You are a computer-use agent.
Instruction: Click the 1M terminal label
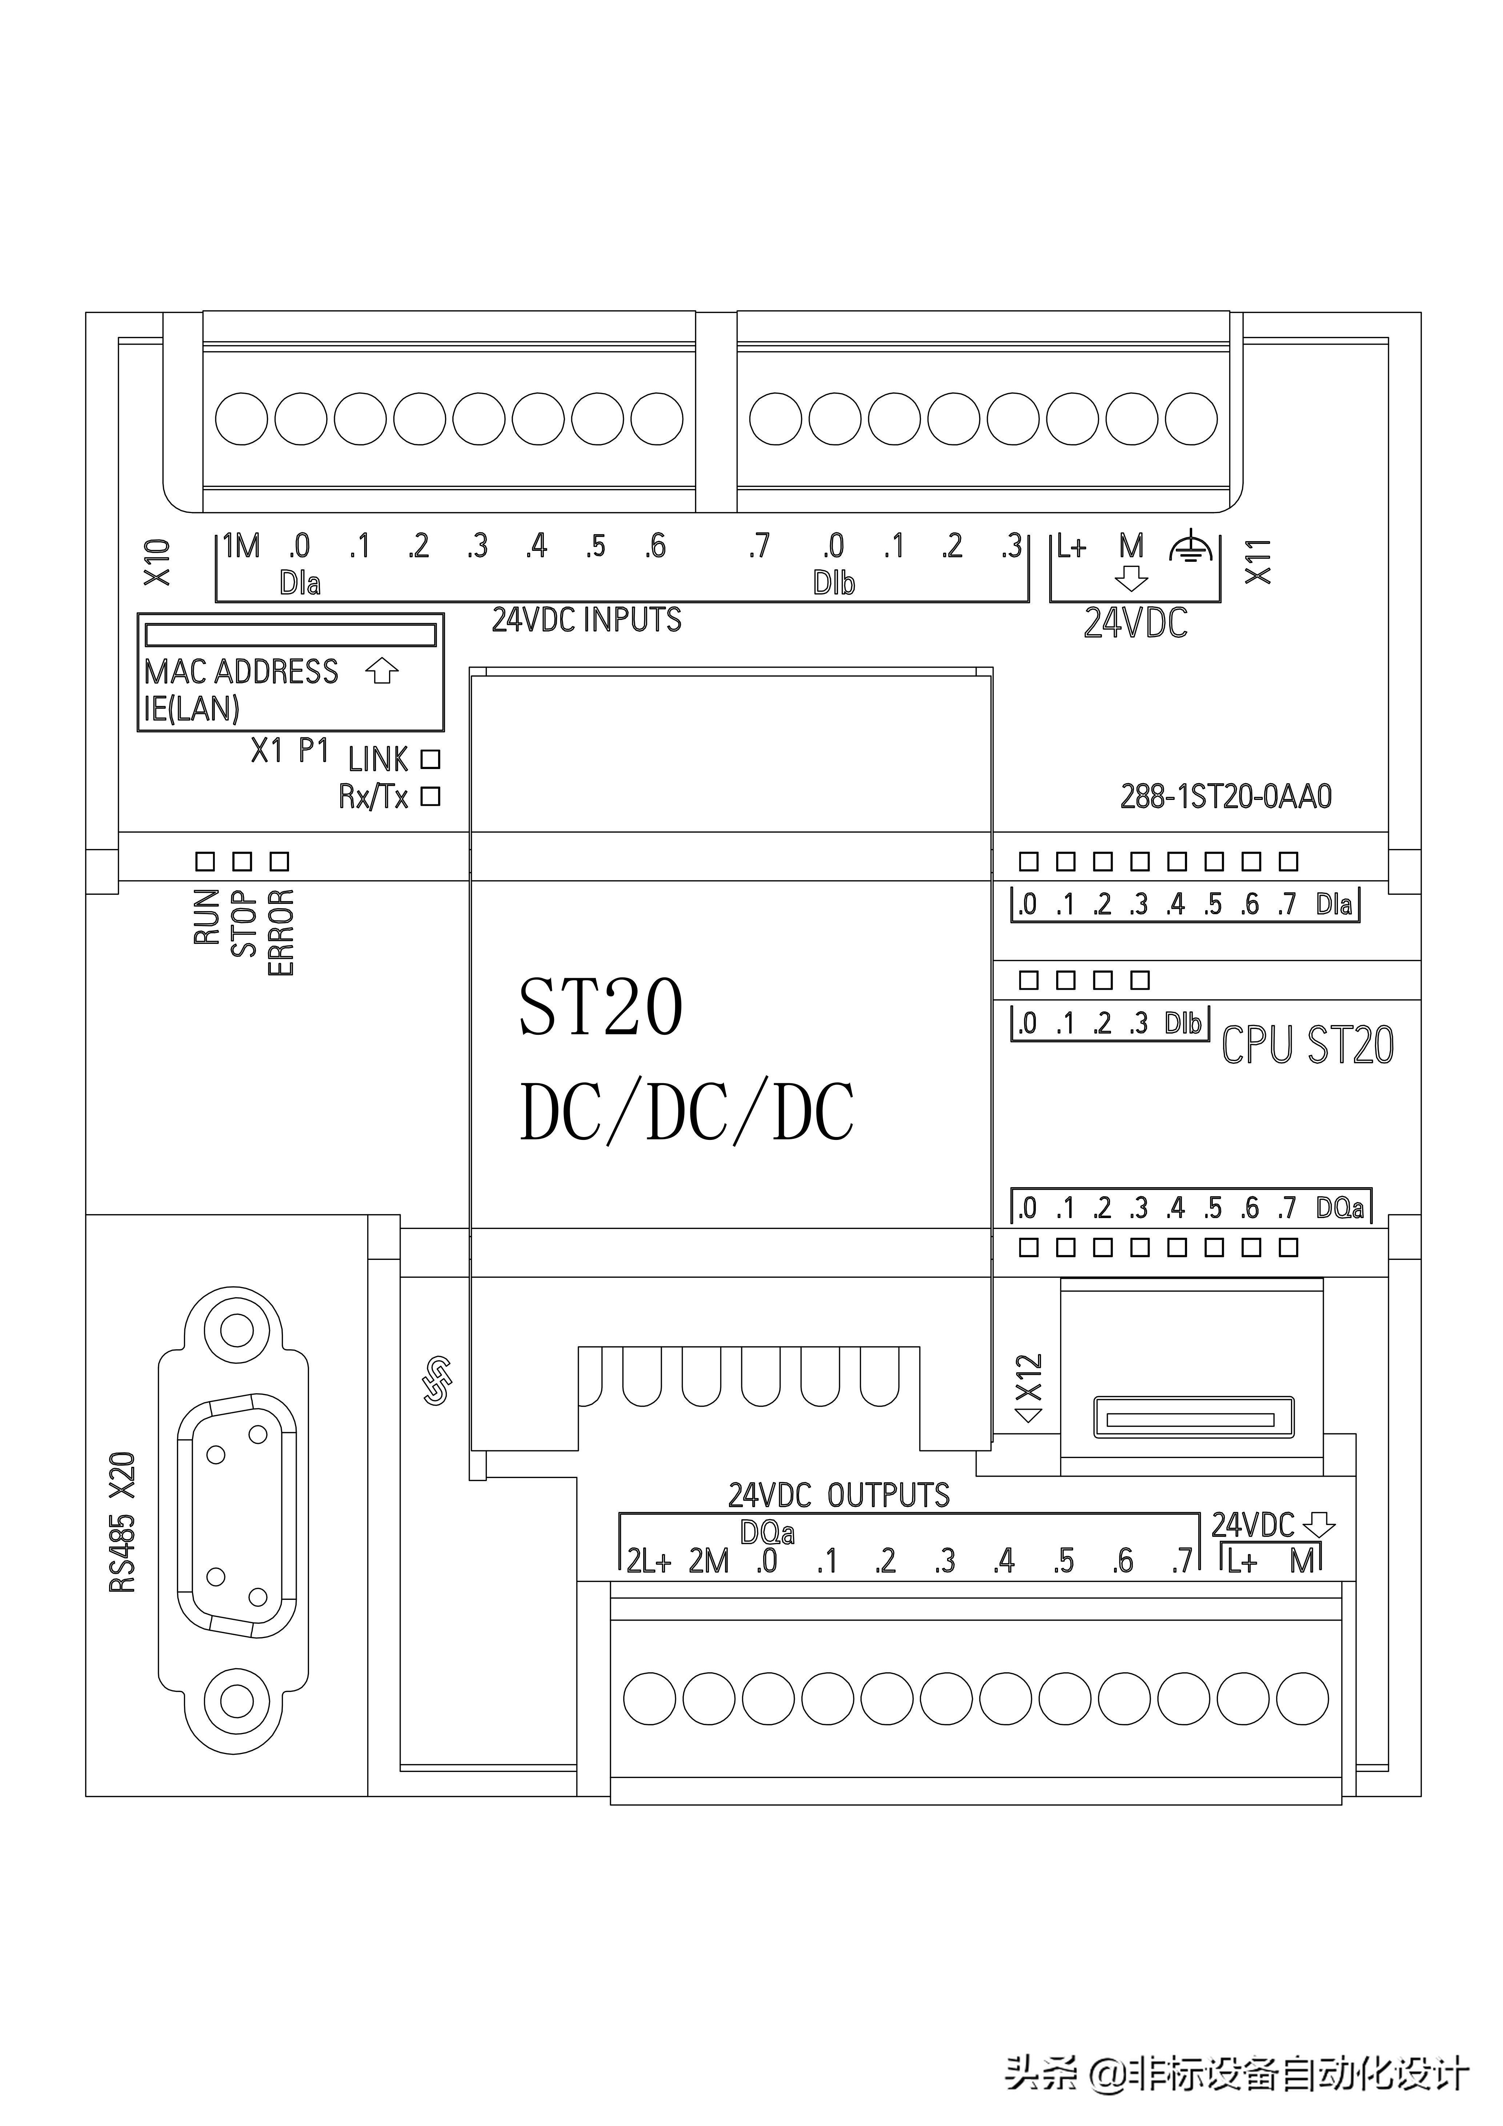(x=242, y=546)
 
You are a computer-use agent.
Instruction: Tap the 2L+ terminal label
(x=648, y=1561)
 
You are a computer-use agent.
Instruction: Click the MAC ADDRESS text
(x=242, y=671)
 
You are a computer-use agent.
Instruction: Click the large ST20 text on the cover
(x=600, y=1008)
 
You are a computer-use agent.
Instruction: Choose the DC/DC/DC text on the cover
(x=686, y=1111)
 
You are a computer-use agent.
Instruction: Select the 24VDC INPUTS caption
(x=586, y=620)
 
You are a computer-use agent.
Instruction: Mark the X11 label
(x=1258, y=561)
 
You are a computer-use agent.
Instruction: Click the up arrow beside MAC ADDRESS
(x=381, y=671)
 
